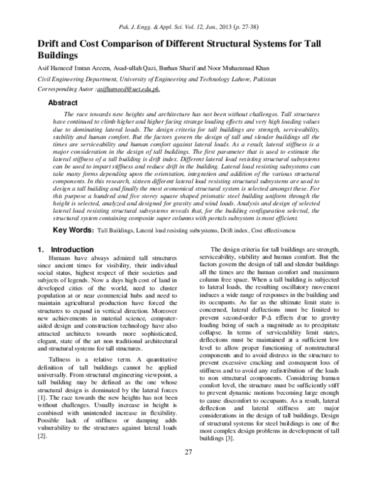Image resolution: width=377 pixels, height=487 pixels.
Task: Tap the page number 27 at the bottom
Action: (x=188, y=470)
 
